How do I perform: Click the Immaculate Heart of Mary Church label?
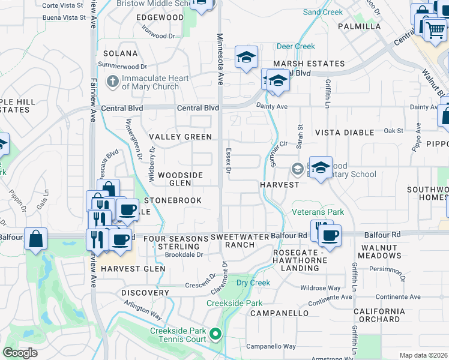click(150, 82)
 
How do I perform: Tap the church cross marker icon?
click(112, 80)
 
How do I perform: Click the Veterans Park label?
click(318, 212)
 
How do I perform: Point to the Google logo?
click(20, 353)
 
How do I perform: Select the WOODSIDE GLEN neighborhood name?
click(180, 179)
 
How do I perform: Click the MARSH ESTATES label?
click(309, 64)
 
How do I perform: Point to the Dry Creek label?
click(253, 283)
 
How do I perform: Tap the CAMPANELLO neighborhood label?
click(279, 313)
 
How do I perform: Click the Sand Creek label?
click(323, 12)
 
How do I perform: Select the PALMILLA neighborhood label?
click(360, 26)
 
